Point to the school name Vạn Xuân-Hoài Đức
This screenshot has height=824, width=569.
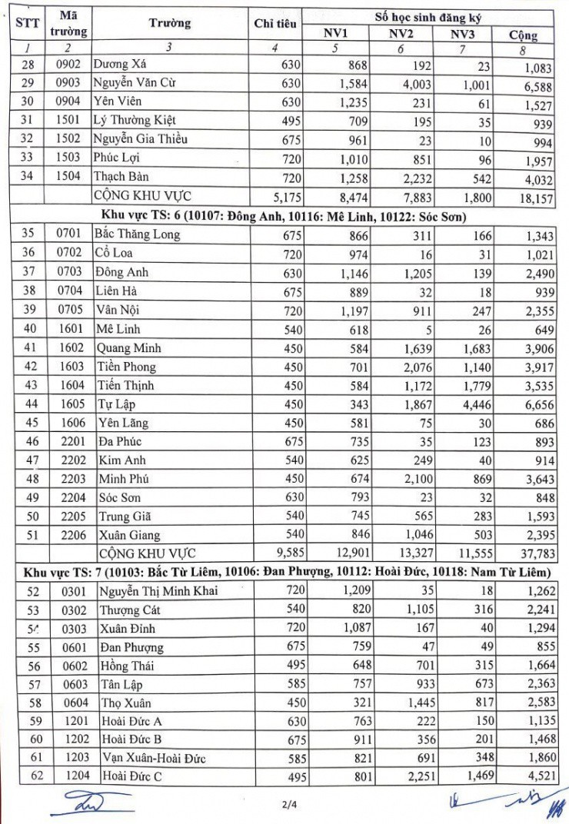(154, 758)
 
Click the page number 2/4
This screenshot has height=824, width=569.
(284, 804)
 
